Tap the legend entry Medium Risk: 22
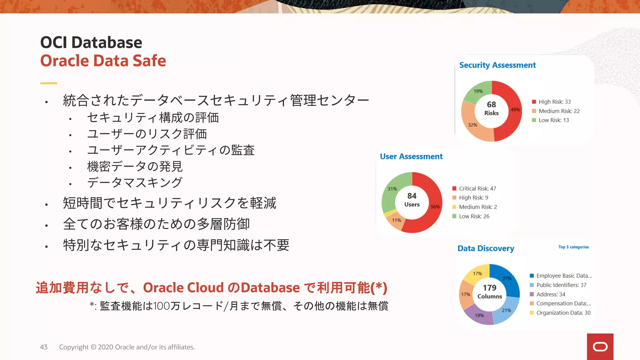click(559, 111)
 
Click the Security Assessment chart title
click(497, 65)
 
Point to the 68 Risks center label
click(491, 108)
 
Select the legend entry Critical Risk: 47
click(477, 188)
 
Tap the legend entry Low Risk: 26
click(474, 216)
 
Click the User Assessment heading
click(411, 156)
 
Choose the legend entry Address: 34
click(551, 294)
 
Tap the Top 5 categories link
click(573, 247)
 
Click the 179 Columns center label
click(489, 291)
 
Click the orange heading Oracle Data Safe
click(103, 61)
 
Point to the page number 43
click(44, 347)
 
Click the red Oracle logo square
click(600, 347)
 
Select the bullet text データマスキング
click(135, 182)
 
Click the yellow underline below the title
click(49, 83)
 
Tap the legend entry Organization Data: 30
click(563, 313)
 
